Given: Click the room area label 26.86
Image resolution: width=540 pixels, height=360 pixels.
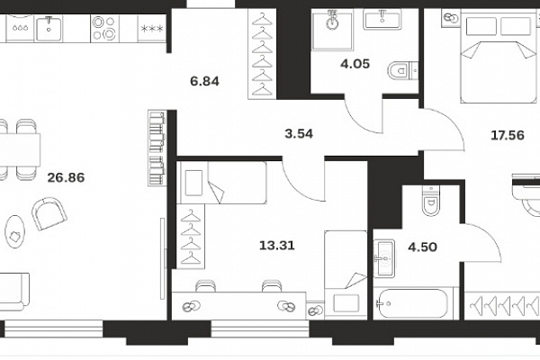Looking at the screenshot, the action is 66,178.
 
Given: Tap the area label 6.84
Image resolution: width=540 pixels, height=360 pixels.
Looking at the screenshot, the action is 204,81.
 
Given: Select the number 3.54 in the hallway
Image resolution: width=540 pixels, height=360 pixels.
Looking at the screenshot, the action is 299,134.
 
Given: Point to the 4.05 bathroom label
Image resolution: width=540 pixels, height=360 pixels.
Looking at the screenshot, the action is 355,64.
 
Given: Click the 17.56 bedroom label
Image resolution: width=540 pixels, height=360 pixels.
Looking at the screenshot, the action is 508,135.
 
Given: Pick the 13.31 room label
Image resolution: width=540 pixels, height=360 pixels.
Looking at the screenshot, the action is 277,246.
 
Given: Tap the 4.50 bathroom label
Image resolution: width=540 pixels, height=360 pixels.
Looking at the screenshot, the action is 423,247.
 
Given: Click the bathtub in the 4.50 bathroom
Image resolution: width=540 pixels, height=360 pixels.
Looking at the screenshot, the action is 412,303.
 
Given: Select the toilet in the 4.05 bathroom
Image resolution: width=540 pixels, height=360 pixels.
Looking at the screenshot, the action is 402,71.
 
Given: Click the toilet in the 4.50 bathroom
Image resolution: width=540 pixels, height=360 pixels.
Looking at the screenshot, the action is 430,201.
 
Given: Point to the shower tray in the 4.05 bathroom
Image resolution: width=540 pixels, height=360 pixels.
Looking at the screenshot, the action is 332,31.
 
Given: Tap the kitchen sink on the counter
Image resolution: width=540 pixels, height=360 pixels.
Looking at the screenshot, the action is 49,29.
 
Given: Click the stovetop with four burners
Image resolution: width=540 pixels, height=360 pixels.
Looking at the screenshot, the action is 104,28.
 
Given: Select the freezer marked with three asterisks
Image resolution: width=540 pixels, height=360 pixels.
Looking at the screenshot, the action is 152,29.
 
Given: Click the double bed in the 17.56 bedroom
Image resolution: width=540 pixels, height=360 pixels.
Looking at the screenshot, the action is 499,57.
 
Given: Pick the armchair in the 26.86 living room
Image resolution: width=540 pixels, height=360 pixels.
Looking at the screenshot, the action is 49,213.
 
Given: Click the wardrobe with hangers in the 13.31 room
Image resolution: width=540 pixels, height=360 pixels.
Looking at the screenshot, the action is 191,237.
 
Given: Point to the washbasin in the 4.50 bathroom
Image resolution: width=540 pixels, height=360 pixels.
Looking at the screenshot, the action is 384,257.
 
